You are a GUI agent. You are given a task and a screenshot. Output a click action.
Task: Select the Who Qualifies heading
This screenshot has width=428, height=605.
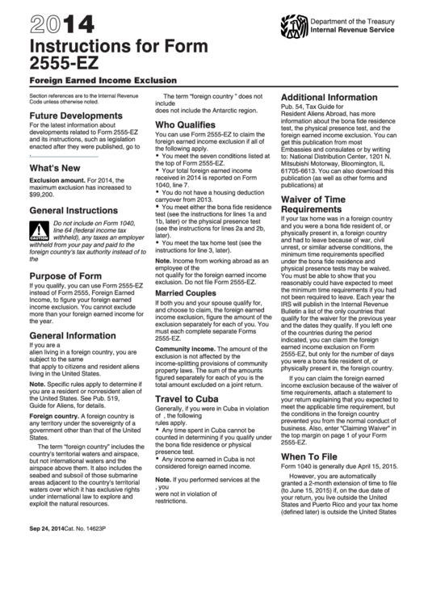(184, 125)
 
